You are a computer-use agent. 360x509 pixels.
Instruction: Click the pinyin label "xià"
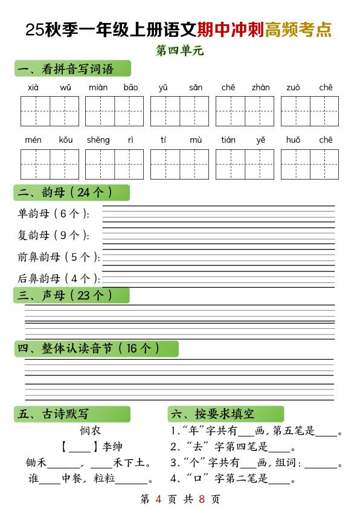[x=33, y=88]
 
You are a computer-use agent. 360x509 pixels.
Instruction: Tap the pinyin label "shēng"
[x=98, y=140]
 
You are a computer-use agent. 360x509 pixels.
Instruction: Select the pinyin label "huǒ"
[x=294, y=140]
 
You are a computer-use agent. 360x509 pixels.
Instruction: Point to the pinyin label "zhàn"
[x=261, y=88]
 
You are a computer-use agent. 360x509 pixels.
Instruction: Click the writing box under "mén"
[x=35, y=164]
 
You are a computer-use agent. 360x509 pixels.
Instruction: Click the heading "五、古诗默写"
[x=54, y=414]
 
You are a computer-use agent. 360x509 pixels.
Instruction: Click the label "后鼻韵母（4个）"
[x=58, y=279]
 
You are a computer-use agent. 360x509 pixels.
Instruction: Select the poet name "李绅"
[x=113, y=447]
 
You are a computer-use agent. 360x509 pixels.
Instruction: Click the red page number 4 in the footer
[x=158, y=499]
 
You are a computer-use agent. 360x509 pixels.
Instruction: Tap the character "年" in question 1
[x=196, y=432]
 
